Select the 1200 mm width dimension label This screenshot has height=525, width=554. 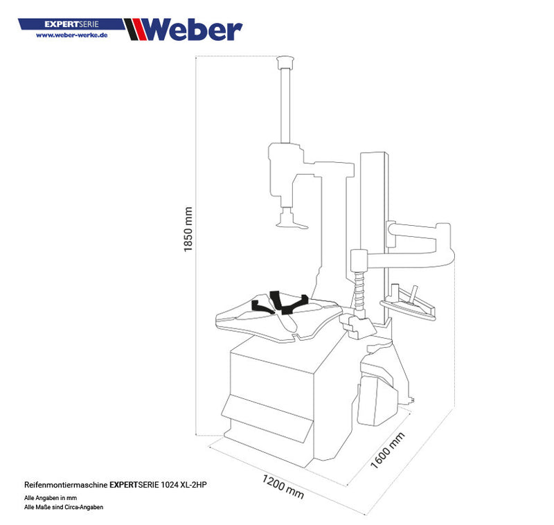283,487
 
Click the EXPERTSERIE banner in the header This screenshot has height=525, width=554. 71,24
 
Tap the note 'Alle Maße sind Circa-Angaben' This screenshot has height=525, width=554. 64,507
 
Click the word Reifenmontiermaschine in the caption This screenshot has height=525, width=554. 65,486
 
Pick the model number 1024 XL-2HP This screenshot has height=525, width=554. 182,486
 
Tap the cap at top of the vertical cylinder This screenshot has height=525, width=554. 283,63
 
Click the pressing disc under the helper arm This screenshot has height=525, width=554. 289,222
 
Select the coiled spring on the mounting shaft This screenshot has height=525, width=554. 359,290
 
